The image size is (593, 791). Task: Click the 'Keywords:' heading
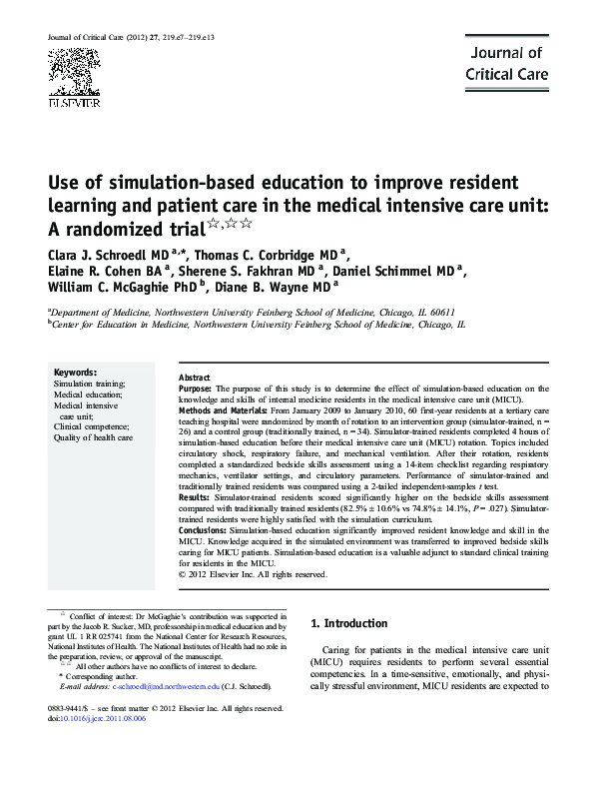point(75,371)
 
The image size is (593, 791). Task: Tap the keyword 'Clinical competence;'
point(89,425)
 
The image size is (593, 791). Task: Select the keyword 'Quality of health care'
point(93,437)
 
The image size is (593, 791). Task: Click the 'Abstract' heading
point(194,378)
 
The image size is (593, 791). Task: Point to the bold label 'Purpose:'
point(195,389)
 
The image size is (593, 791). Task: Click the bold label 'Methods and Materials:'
point(218,410)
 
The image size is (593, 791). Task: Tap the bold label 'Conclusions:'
point(203,530)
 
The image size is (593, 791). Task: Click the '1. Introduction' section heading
point(348,624)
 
